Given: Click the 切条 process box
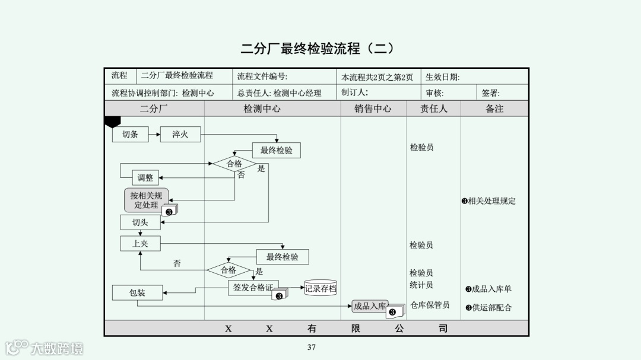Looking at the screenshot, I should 130,135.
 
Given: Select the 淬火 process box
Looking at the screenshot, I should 180,135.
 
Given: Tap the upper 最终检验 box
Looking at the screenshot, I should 276,150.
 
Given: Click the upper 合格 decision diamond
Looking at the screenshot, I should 234,164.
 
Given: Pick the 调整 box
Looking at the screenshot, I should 145,177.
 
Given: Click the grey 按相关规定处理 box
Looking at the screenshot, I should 146,200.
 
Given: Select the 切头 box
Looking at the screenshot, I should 140,222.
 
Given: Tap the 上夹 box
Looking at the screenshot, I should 140,243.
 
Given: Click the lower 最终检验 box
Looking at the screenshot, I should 283,257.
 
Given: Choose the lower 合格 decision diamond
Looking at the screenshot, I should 229,270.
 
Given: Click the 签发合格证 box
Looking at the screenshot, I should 253,288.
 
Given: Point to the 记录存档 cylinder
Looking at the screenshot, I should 320,289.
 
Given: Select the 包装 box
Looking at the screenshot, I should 137,292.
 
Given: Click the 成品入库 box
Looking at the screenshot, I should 370,306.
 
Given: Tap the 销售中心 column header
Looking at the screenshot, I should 373,109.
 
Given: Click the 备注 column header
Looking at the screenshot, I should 494,109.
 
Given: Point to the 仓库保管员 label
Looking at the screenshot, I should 430,305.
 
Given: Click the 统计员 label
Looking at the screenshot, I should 421,285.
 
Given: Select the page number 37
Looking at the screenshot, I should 312,348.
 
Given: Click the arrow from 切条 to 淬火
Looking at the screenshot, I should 154,135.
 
